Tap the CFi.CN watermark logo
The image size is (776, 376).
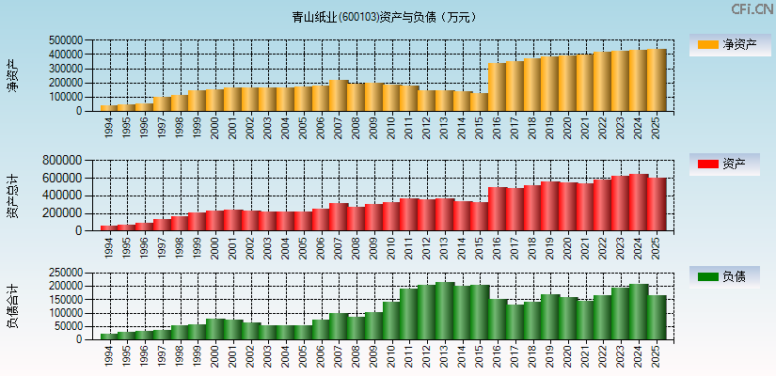point(752,9)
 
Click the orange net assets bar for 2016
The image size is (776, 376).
point(497,87)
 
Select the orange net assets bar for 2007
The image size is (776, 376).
point(339,96)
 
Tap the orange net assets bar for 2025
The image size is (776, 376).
point(656,80)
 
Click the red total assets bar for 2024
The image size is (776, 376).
point(638,203)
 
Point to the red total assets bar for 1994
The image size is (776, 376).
point(109,227)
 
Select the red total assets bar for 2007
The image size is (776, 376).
point(339,217)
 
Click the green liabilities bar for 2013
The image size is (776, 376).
point(444,311)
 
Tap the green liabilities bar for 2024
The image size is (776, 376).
point(638,312)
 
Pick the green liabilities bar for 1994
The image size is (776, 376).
point(109,336)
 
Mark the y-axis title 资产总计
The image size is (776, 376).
point(12,196)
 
